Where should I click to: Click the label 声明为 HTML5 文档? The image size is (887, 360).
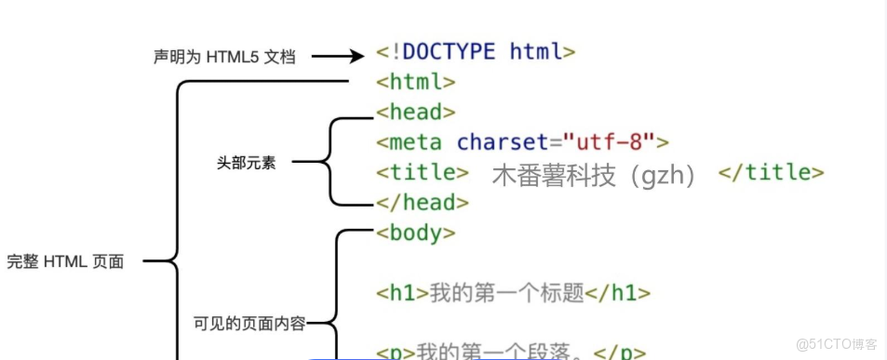pos(224,57)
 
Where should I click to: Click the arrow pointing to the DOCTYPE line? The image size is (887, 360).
pos(337,57)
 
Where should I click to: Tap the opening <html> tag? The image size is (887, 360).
pos(416,82)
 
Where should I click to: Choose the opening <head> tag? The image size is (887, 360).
pos(416,112)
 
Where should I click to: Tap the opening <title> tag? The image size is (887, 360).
pos(423,172)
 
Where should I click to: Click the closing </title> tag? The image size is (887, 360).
pos(772,172)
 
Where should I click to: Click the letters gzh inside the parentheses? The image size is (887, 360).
pos(661,175)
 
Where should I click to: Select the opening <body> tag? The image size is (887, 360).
pos(416,233)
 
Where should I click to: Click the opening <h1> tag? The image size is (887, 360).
pos(402,293)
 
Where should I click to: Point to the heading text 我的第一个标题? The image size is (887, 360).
pos(506,293)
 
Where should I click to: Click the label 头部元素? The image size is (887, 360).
pos(246,164)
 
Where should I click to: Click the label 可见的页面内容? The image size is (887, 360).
pos(249,324)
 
